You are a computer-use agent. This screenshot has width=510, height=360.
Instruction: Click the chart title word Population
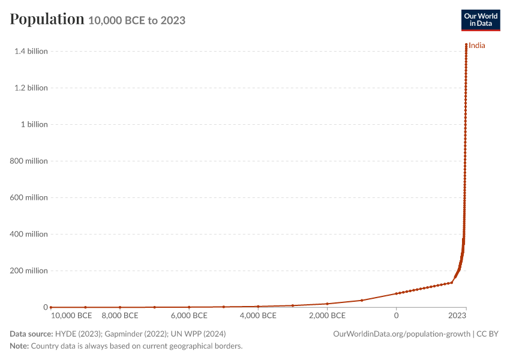coord(47,19)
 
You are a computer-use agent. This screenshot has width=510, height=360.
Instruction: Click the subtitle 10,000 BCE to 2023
coord(137,20)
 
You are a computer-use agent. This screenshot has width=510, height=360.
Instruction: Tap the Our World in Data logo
coord(481,20)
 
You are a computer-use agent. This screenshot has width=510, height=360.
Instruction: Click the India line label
coord(477,46)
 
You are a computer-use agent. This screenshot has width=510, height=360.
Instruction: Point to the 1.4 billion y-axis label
coord(31,51)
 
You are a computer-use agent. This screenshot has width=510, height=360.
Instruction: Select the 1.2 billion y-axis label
coord(31,88)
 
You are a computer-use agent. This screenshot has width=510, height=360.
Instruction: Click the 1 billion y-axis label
coord(34,124)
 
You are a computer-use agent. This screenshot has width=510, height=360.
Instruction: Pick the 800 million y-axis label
coord(29,161)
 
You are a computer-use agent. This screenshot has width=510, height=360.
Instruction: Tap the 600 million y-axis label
coord(29,197)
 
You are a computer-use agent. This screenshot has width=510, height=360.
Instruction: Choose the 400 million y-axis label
coord(29,234)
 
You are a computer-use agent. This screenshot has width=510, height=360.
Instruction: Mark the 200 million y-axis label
coord(29,271)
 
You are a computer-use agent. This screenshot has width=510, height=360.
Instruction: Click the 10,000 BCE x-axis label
coord(71,316)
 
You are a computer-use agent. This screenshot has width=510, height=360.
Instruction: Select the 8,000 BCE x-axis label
coord(120,316)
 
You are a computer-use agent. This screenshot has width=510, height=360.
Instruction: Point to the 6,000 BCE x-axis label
coord(189,316)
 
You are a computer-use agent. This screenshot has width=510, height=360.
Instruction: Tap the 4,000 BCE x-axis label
coord(258,316)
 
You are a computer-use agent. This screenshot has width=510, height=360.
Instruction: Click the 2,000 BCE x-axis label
coord(327,316)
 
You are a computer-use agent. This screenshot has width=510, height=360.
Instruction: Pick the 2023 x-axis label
coord(457,316)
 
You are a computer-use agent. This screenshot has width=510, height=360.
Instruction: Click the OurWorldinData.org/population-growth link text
coord(401,334)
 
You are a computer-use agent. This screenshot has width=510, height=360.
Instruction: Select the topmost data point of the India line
coord(466,44)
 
